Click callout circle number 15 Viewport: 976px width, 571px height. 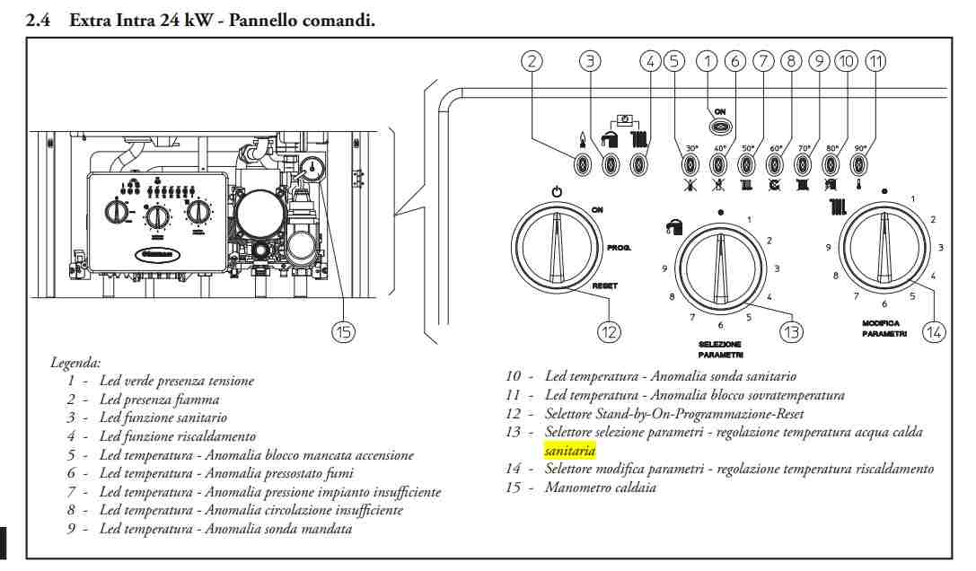click(343, 331)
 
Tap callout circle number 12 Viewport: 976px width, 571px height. click(610, 331)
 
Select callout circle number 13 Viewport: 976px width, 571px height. click(790, 331)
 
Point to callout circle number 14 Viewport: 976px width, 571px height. click(935, 331)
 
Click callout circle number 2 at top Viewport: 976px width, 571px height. click(533, 61)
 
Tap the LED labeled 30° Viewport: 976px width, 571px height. click(690, 165)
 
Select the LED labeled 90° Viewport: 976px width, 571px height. click(859, 165)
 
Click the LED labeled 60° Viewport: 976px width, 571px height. click(775, 165)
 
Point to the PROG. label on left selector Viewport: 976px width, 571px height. click(620, 246)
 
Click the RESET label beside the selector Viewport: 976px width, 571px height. click(604, 285)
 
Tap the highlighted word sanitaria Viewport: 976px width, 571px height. click(569, 451)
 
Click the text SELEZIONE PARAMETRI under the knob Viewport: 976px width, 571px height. click(720, 349)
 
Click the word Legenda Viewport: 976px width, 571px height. click(75, 363)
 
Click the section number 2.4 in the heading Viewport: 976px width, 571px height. click(38, 20)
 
